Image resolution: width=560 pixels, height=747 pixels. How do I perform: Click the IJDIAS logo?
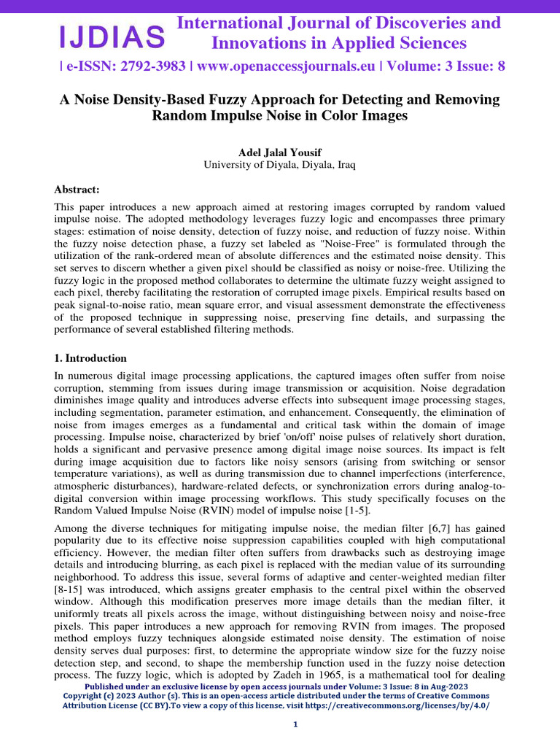tap(112, 36)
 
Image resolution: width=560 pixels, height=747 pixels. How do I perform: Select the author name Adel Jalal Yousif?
tap(280, 152)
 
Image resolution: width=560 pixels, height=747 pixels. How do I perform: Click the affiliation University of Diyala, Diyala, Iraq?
tap(280, 165)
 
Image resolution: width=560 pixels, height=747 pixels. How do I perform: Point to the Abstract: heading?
tap(77, 190)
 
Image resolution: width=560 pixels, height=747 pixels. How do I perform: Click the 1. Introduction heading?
tap(90, 358)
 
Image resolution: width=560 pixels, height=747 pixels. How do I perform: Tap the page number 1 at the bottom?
tap(295, 724)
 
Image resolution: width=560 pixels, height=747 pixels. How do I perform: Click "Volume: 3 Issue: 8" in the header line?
tap(446, 66)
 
